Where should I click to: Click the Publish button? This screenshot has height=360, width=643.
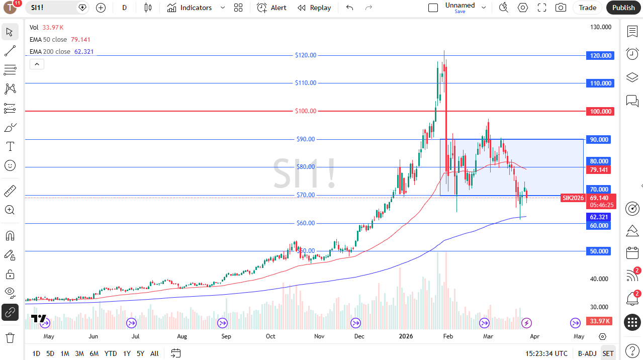tap(623, 8)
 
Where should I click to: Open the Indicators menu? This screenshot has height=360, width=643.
tap(190, 8)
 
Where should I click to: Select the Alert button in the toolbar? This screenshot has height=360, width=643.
tap(272, 8)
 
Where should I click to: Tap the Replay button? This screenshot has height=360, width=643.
tap(314, 8)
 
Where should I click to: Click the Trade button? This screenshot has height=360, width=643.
tap(587, 8)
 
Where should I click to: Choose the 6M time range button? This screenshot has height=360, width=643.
tap(94, 353)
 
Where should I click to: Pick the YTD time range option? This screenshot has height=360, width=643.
tap(111, 353)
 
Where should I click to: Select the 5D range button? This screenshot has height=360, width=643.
tap(50, 353)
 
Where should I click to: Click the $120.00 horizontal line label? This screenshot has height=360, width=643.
tap(306, 55)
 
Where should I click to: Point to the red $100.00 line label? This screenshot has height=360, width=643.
tap(306, 111)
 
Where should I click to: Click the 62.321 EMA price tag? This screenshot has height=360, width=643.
tap(599, 217)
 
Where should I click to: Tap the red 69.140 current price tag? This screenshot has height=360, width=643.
tap(599, 198)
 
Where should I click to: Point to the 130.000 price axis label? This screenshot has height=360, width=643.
tap(600, 27)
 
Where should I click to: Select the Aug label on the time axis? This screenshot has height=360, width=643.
tap(182, 336)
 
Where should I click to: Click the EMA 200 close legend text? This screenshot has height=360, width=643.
tap(50, 52)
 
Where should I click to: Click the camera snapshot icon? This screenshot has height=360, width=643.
tap(560, 8)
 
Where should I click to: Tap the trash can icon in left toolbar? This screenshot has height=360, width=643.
tap(10, 337)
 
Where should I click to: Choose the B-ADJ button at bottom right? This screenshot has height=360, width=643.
tap(587, 353)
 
